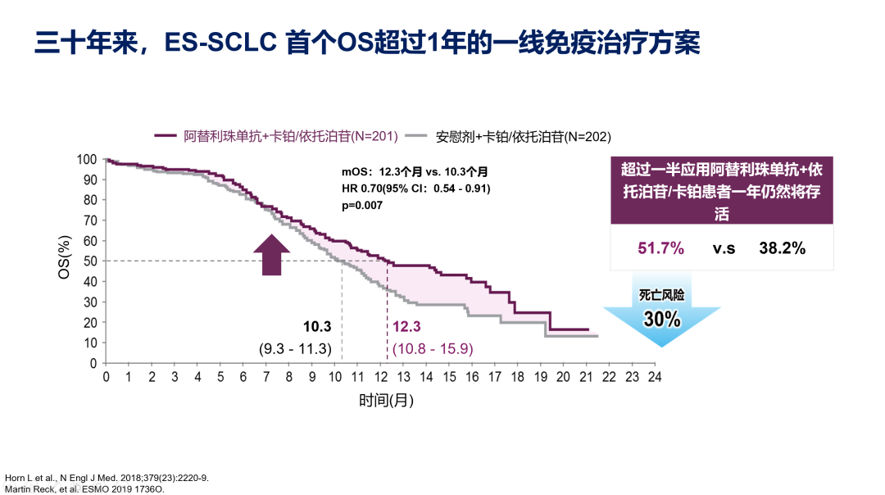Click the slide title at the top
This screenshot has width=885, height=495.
click(367, 43)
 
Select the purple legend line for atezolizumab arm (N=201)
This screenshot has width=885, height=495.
click(167, 136)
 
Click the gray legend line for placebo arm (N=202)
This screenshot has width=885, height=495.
click(419, 136)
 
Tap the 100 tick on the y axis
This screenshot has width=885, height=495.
click(88, 159)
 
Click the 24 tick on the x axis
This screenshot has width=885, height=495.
click(653, 378)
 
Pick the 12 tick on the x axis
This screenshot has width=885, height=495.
click(379, 378)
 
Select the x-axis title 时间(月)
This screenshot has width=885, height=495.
click(386, 401)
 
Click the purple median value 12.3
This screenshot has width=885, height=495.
click(406, 328)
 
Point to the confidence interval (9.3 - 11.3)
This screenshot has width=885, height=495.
click(295, 349)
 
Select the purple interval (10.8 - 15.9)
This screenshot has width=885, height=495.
click(432, 349)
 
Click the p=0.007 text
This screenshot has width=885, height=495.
click(362, 205)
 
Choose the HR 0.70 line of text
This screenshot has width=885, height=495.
click(416, 188)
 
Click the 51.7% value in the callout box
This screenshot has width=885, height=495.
click(660, 247)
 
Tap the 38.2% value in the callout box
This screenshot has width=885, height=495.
click(782, 247)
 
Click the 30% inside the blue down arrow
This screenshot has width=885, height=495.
click(661, 319)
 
